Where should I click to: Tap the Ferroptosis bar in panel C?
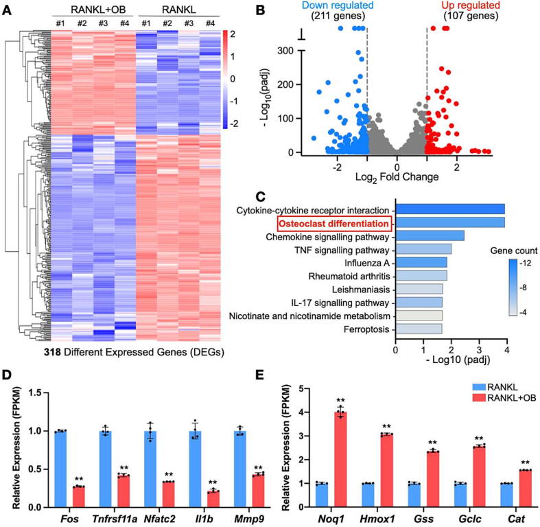coord(418,329)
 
